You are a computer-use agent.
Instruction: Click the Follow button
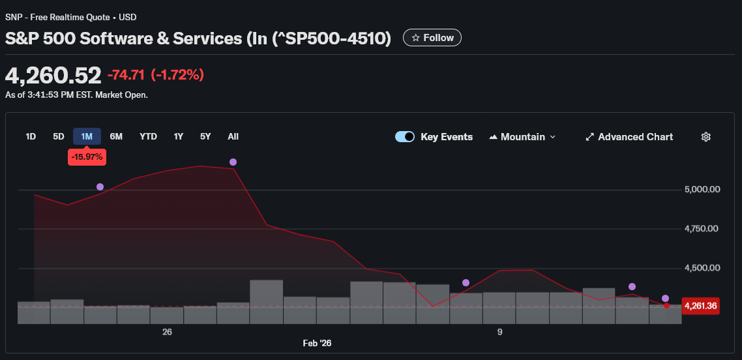tap(432, 38)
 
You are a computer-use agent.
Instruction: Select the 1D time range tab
tap(31, 136)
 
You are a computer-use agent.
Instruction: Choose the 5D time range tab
tap(59, 136)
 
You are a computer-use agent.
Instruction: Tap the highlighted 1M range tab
tap(87, 136)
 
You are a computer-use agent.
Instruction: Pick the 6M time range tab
tap(116, 136)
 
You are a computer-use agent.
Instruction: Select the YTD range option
tap(148, 136)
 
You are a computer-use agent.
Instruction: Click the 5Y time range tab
tap(205, 136)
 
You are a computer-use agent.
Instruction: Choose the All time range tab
tap(233, 136)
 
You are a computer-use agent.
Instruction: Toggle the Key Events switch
tap(405, 137)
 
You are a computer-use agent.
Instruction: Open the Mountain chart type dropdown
tap(522, 137)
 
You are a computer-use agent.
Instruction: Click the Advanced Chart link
tap(629, 137)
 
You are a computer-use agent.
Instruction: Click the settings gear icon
tap(705, 137)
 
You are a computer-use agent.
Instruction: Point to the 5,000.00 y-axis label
tap(702, 190)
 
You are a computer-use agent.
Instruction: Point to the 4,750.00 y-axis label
tap(702, 229)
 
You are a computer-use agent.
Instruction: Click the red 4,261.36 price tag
tap(701, 306)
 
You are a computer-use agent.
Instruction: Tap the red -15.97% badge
tap(87, 157)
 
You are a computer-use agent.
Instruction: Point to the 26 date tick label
tap(167, 332)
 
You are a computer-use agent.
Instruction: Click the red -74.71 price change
tap(126, 75)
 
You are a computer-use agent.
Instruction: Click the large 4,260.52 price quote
tap(53, 76)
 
